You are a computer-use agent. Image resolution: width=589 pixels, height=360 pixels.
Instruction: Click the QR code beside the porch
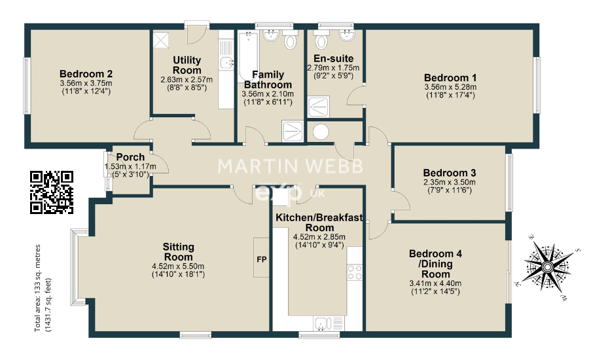pos(52,192)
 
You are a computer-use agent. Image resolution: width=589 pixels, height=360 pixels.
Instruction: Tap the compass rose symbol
pos(546,267)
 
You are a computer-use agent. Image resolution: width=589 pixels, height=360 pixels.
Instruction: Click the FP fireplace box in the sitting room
pos(262,257)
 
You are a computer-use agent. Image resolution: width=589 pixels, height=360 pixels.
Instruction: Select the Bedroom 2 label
pos(86,73)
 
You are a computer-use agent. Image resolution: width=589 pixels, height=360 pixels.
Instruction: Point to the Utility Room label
pos(187,65)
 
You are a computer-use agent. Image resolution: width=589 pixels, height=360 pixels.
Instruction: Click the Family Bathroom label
pos(268,80)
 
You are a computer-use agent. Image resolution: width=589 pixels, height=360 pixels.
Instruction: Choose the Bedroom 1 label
pos(450,77)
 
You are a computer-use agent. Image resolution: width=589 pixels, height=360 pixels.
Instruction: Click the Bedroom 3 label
pos(448,173)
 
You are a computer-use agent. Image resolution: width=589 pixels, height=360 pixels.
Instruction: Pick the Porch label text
pos(130,157)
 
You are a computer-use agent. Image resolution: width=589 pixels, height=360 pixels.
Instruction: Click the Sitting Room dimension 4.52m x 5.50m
pos(178,266)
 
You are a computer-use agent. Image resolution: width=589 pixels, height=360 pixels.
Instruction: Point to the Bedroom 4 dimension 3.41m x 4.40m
pos(435,283)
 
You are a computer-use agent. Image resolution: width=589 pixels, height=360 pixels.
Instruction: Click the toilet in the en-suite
pos(321,42)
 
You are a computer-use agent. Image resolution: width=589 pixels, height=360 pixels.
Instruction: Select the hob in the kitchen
pos(355,272)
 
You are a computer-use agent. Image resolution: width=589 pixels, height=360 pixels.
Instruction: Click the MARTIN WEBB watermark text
pos(289,166)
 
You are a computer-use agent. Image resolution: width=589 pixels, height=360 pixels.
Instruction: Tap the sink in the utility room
pos(226,63)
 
